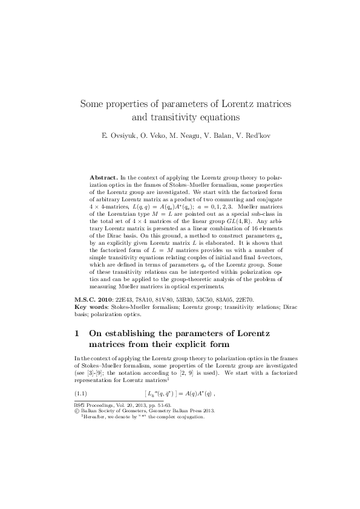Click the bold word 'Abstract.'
coord(103,178)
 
